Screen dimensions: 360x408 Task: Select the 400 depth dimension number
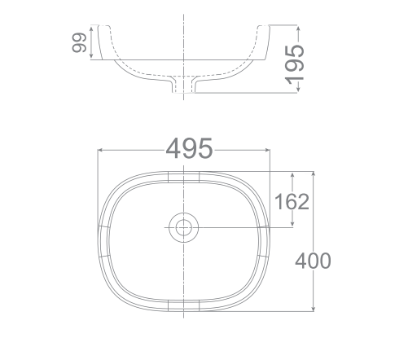[313, 261]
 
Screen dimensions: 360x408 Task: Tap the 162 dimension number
[292, 201]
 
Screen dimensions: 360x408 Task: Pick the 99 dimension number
[80, 44]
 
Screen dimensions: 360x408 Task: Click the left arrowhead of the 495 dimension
[101, 151]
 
